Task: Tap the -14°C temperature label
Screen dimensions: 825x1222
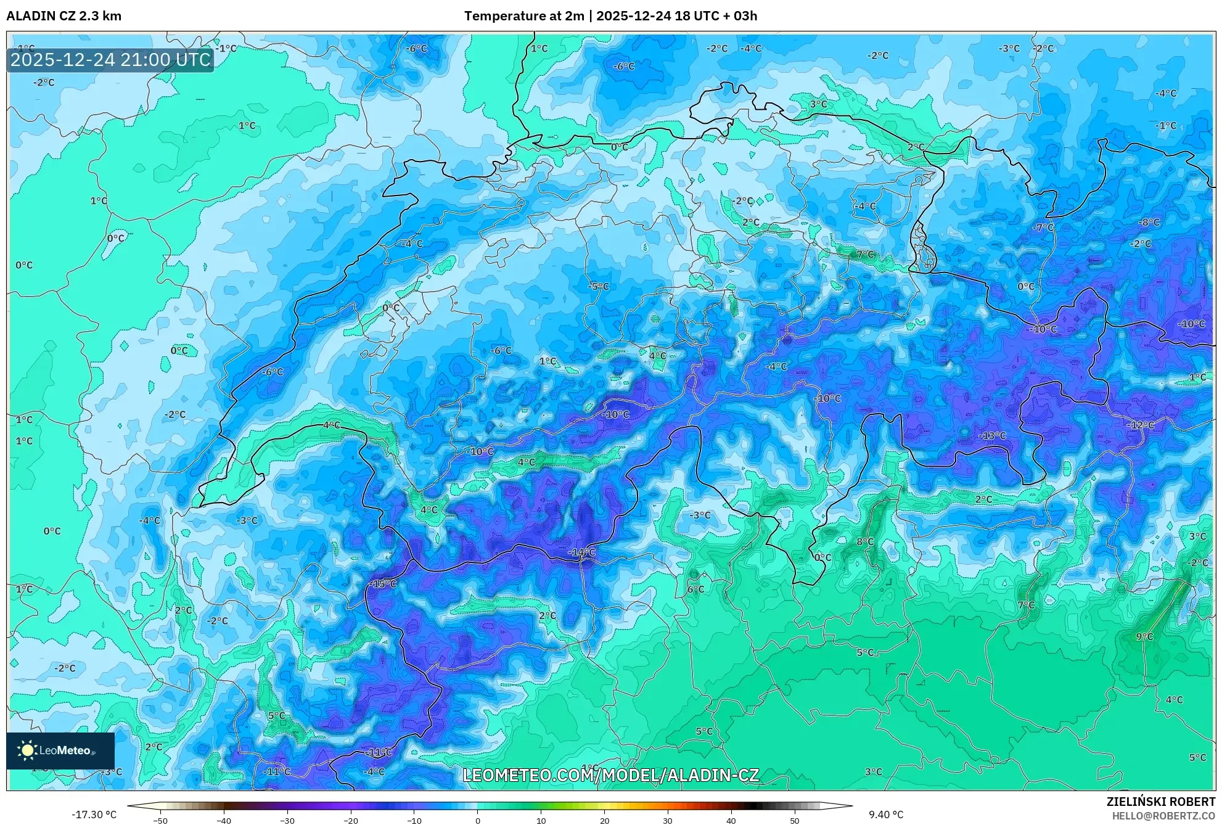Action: (x=581, y=552)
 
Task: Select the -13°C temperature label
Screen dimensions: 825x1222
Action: (x=992, y=435)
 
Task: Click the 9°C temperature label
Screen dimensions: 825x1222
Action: (x=1144, y=636)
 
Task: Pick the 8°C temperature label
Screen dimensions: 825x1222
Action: (x=865, y=541)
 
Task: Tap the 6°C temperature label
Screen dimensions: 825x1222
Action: (x=695, y=589)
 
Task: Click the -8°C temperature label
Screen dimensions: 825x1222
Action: (x=1149, y=222)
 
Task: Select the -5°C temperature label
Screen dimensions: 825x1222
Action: (x=598, y=286)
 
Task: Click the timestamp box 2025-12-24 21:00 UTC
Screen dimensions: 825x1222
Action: (x=110, y=60)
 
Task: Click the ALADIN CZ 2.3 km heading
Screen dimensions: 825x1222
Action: (x=64, y=16)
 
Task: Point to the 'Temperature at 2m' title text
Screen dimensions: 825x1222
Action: (x=523, y=16)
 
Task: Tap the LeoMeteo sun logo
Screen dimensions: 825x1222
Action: (x=28, y=750)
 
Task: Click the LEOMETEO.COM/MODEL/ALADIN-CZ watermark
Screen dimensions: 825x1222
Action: (x=610, y=775)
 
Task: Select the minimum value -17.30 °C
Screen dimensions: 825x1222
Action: (x=94, y=815)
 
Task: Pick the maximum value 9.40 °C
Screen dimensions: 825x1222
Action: (x=886, y=815)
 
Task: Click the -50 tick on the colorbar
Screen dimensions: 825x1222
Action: (x=160, y=821)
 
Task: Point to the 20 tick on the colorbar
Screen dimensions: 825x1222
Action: (x=604, y=821)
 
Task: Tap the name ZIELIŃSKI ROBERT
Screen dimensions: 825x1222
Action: (x=1160, y=802)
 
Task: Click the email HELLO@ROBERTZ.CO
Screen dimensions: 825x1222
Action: (x=1163, y=816)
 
